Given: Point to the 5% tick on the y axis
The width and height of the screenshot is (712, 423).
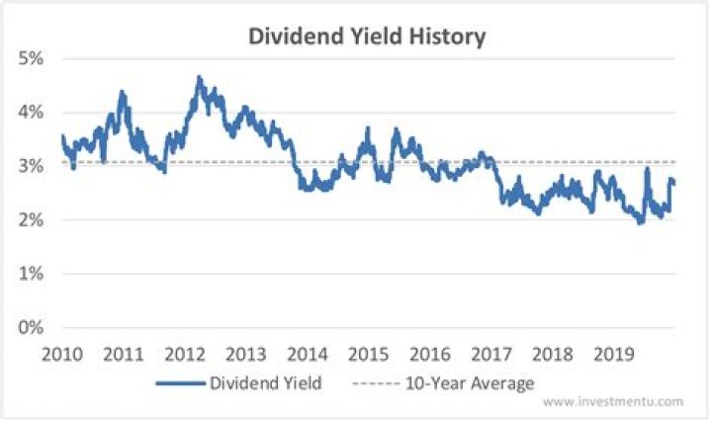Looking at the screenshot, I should (31, 58).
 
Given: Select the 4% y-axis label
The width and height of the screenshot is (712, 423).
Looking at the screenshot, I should (31, 113).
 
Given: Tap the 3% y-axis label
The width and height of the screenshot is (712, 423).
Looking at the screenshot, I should (31, 166).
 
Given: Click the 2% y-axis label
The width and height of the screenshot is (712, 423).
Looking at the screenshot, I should (31, 219).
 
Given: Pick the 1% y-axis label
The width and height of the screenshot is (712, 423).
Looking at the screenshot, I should (31, 274).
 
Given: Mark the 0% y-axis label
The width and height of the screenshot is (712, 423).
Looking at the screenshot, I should (31, 327).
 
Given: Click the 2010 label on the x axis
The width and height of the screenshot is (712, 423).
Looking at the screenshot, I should (61, 354).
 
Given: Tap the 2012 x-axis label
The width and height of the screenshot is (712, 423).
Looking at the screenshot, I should (185, 354).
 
